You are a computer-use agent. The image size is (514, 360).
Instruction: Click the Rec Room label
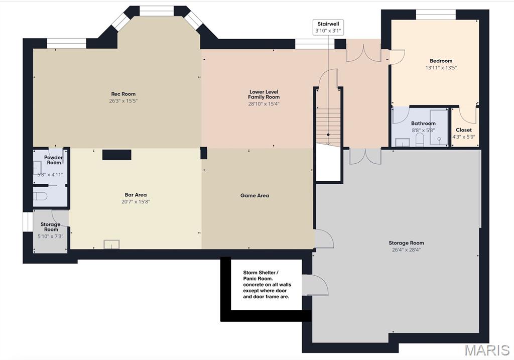pos(123,94)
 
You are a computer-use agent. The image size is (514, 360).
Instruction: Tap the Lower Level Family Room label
pos(264,94)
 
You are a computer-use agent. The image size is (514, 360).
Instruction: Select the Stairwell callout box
pos(328,27)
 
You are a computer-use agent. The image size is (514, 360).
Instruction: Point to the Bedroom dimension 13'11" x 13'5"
pos(441,68)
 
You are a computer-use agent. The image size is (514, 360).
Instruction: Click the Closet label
pos(463,130)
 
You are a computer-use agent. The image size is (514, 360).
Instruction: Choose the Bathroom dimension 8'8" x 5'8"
pos(423,130)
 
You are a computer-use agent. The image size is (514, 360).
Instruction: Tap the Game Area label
pos(254,196)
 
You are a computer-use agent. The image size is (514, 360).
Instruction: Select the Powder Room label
pos(53,160)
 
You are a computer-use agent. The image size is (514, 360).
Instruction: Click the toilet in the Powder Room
pos(40,196)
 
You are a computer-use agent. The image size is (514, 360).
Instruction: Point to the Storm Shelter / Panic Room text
pos(267,285)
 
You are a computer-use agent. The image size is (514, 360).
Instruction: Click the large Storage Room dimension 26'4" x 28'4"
pos(406,250)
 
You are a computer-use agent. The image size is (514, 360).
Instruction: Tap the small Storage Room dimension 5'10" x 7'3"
pos(50,236)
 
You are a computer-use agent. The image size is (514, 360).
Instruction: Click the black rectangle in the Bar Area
pos(117,155)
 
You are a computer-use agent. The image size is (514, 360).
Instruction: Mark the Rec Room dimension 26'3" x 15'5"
pos(123,101)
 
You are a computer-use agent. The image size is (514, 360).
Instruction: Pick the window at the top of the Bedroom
pos(436,15)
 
